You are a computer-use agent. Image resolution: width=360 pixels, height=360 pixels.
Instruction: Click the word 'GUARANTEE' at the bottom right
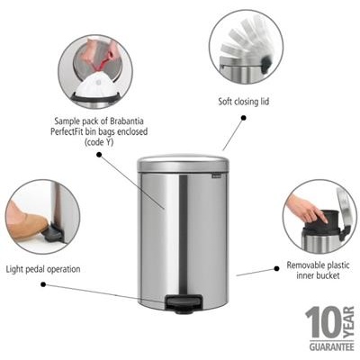(x=329, y=345)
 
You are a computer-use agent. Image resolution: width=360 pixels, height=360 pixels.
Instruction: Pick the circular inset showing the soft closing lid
(x=245, y=48)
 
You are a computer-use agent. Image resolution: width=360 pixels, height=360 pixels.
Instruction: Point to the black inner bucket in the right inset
(x=321, y=232)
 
